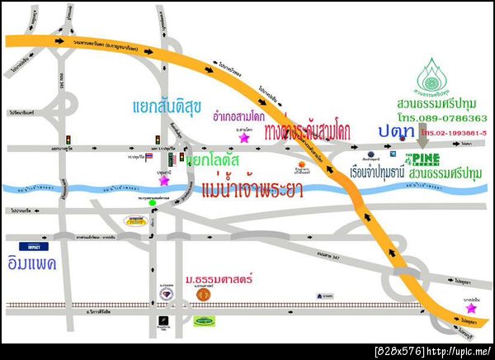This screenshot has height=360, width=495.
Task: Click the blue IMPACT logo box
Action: tap(36, 246)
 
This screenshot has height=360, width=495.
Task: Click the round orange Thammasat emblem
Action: tap(200, 294)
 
